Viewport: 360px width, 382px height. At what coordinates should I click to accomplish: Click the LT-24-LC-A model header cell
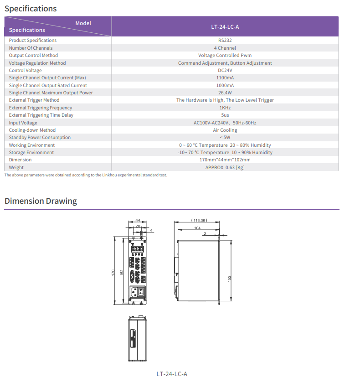[225, 26]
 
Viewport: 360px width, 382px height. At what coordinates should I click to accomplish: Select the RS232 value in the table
[225, 41]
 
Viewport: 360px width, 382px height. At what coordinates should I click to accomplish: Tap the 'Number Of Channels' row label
[31, 48]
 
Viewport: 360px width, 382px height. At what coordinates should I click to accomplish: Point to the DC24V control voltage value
[225, 70]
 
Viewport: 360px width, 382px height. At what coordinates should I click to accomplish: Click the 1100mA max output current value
[225, 77]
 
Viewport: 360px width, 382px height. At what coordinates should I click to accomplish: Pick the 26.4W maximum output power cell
[225, 93]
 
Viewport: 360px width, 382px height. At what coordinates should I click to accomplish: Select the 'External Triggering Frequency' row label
[41, 108]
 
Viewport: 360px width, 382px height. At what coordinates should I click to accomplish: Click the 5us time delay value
[225, 115]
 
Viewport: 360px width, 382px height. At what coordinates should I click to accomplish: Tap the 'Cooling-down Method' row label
[32, 130]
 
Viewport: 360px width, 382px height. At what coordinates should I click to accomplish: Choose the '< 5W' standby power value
[225, 137]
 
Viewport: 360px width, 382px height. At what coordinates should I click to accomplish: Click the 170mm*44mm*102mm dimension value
[225, 160]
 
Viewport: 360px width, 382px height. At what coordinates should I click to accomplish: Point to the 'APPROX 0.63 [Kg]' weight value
[225, 167]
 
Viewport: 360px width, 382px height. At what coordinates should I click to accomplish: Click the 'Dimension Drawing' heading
[41, 201]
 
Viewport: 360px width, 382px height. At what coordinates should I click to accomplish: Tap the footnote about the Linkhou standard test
[86, 175]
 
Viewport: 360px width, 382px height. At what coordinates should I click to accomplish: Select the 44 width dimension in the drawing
[138, 220]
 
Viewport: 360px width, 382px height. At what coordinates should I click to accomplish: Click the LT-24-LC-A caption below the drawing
[172, 374]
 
